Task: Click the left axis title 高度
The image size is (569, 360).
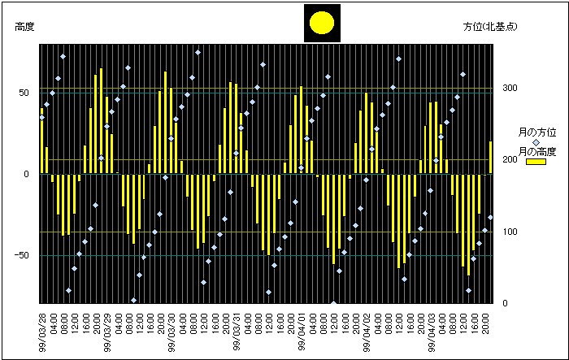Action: pos(24,27)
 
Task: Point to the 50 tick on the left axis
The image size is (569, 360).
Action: pos(25,93)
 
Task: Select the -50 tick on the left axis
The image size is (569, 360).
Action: pos(23,256)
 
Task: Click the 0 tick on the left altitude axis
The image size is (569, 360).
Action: pos(28,174)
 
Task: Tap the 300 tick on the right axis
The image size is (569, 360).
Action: pos(510,88)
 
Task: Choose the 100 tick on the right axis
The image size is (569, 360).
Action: pos(510,232)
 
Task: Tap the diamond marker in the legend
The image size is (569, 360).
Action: pos(536,141)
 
